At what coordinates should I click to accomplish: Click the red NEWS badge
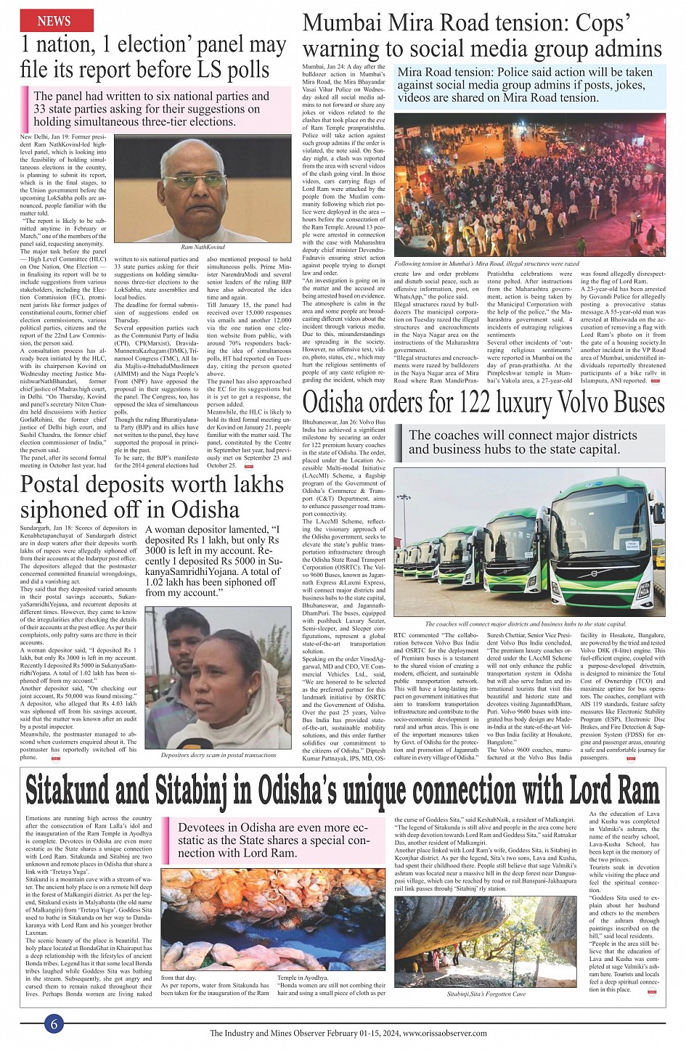54,21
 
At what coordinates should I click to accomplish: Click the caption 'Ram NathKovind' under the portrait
203,248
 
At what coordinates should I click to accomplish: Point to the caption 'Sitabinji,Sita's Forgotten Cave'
487,993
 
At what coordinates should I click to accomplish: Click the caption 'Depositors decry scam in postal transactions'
219,755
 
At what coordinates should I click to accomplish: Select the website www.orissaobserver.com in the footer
445,1034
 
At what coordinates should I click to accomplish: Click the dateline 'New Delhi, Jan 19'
46,136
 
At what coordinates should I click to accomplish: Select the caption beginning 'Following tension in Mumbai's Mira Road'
486,263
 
